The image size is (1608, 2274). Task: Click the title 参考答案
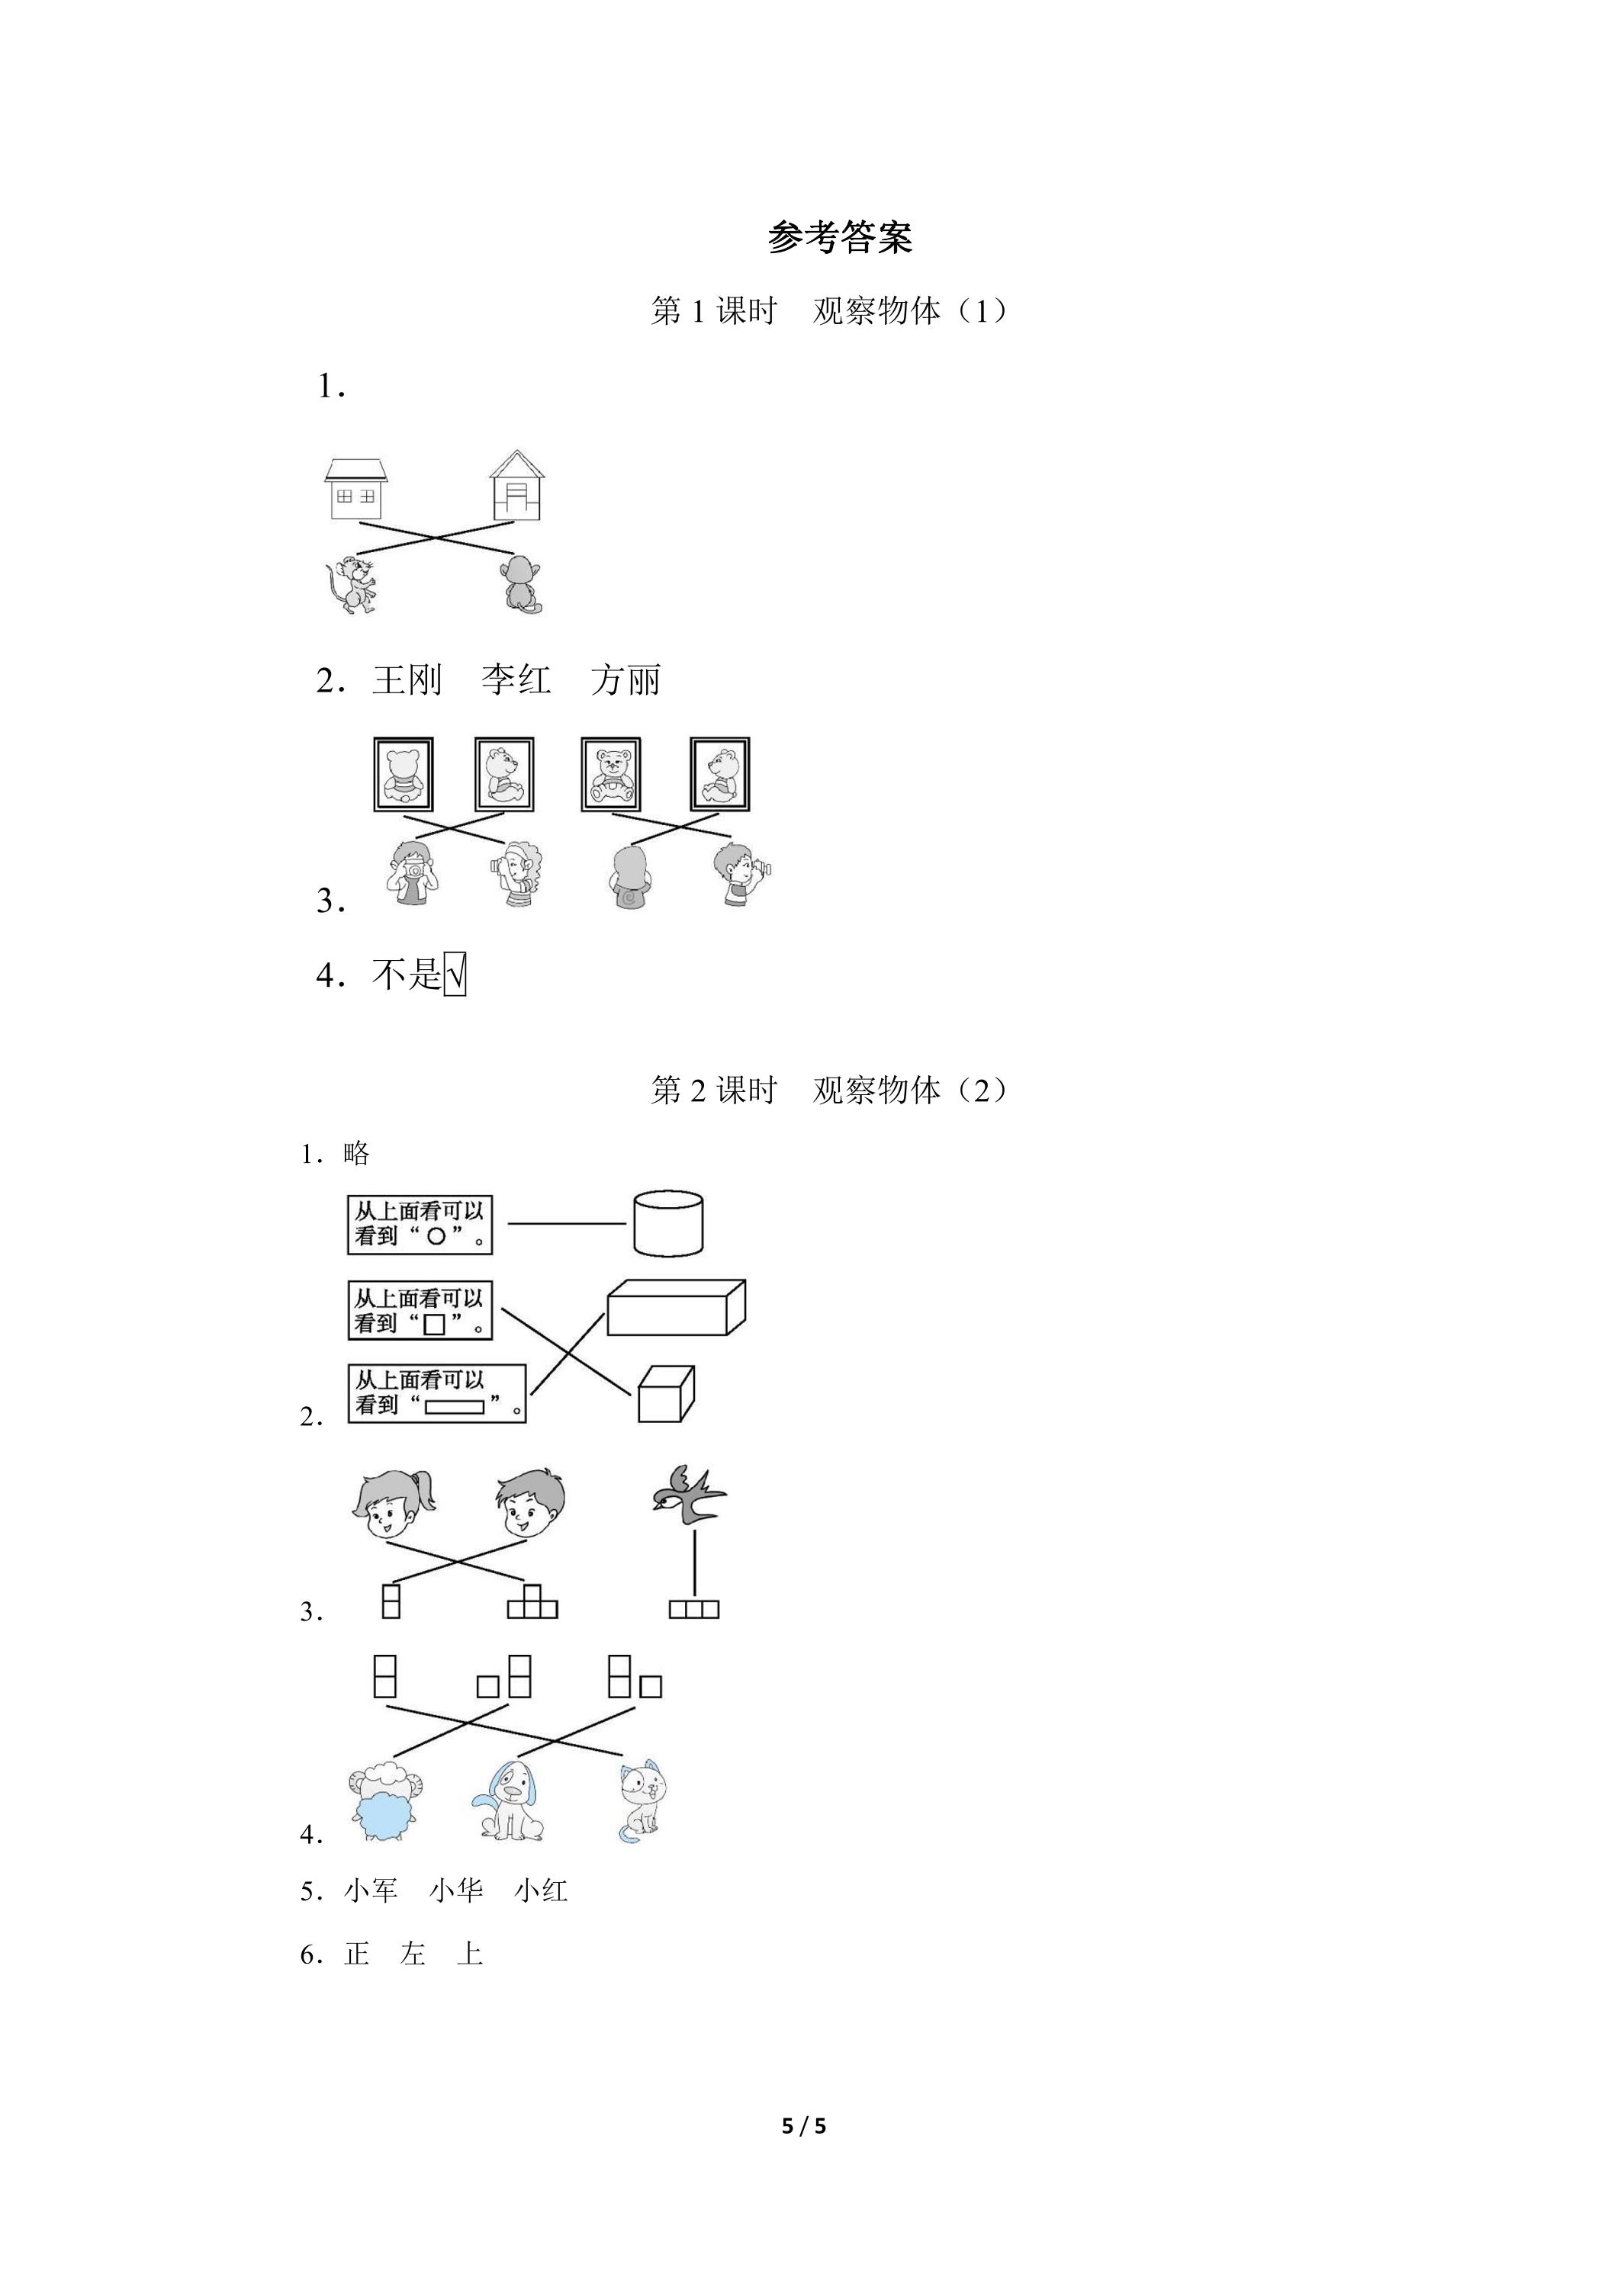click(x=839, y=236)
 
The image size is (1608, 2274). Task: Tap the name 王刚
click(x=407, y=679)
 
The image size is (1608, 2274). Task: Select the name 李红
click(x=516, y=679)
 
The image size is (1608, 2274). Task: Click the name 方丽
click(x=626, y=679)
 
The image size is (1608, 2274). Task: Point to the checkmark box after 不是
click(x=455, y=975)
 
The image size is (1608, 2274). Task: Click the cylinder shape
click(x=669, y=1223)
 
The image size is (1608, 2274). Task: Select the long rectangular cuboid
click(x=676, y=1307)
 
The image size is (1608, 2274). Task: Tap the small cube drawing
click(x=666, y=1395)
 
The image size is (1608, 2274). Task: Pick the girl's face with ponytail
click(x=394, y=1505)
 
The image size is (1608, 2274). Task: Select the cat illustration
click(x=642, y=1801)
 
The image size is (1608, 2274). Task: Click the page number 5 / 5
click(x=803, y=2126)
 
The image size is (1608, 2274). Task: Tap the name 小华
click(x=455, y=1890)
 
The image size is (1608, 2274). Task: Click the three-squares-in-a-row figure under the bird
click(x=693, y=1611)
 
